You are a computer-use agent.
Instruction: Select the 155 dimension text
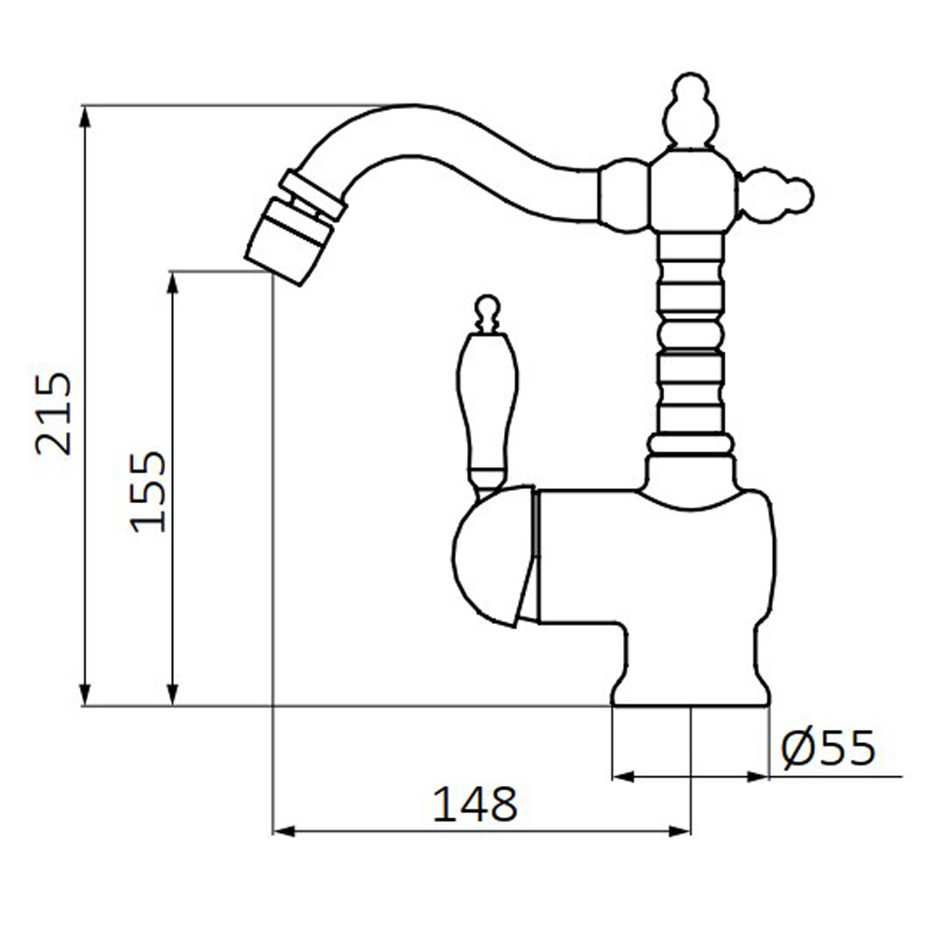(x=147, y=492)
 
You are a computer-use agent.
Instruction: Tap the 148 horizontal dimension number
(x=474, y=804)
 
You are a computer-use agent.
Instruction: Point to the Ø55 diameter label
(x=829, y=748)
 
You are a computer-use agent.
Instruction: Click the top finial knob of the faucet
(x=691, y=110)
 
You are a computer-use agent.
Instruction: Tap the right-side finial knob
(x=776, y=194)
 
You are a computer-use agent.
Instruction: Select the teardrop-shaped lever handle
(x=487, y=409)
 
